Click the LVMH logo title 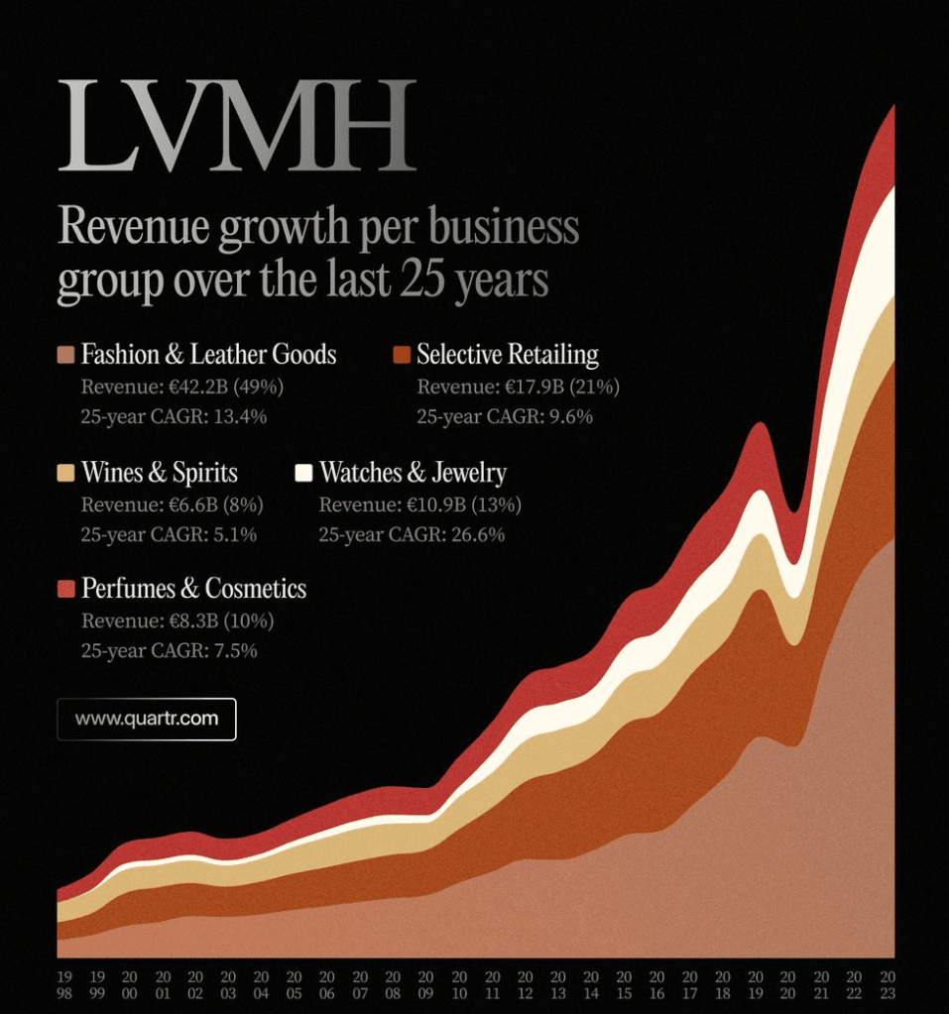coord(236,125)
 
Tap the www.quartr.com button coord(147,719)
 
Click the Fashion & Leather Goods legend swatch coord(66,355)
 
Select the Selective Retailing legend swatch coord(402,355)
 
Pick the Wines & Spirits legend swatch coord(66,473)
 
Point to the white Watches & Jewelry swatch coord(303,473)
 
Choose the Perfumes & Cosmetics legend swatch coord(66,589)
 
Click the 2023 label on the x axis coord(887,984)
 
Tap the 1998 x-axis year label coord(65,984)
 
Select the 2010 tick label coord(459,984)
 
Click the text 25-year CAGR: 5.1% coord(169,535)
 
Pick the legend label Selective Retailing coord(507,355)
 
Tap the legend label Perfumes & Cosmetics coord(193,589)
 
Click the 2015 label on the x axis coord(624,984)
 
